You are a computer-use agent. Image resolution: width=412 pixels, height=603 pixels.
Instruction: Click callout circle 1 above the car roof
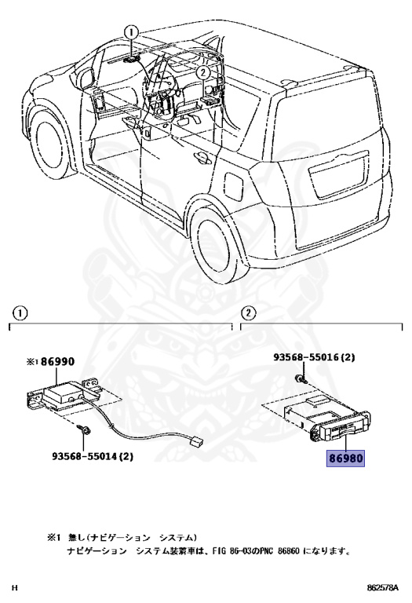point(130,32)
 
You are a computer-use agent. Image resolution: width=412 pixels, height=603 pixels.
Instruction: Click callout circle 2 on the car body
point(202,71)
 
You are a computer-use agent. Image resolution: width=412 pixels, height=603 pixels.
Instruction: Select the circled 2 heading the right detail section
point(247,312)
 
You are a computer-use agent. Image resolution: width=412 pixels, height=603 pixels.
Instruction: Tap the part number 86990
point(57,362)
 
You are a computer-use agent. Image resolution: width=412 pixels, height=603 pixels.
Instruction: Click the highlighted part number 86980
point(346,457)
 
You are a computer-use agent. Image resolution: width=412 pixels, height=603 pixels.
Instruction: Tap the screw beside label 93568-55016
point(299,380)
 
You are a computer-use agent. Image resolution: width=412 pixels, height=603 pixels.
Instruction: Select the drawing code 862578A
point(381,587)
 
